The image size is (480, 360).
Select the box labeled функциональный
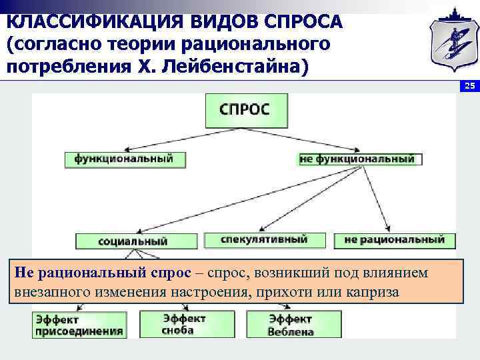click(x=125, y=159)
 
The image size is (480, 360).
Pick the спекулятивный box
click(x=265, y=239)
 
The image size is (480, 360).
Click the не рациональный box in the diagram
click(x=395, y=239)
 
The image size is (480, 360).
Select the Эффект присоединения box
click(x=79, y=325)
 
